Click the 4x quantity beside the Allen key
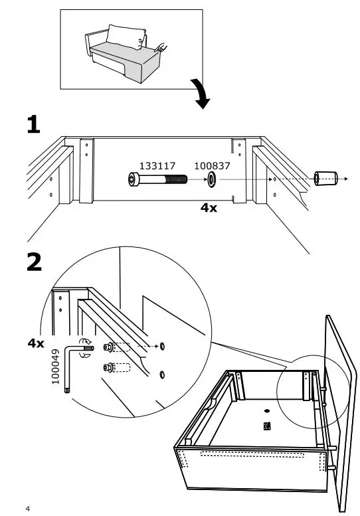[36, 343]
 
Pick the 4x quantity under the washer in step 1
[209, 207]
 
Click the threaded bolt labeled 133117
[155, 179]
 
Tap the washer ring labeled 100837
[211, 179]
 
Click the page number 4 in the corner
[27, 509]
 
